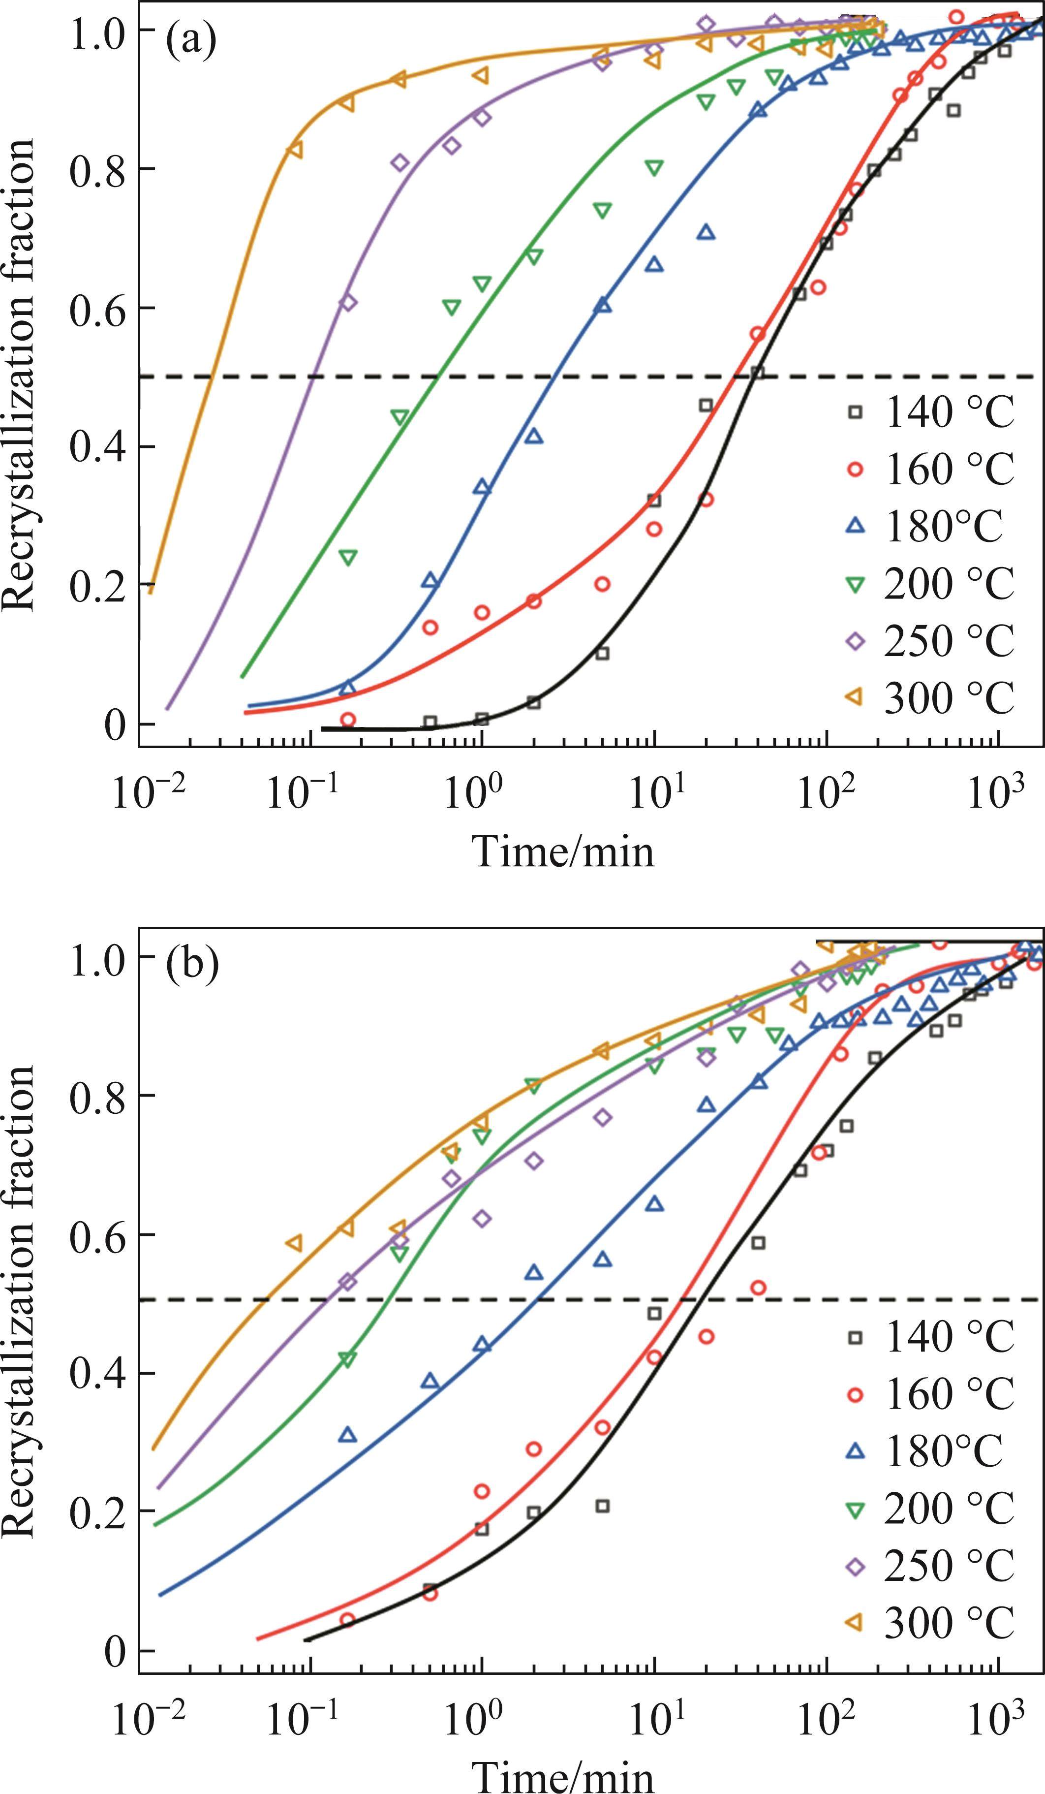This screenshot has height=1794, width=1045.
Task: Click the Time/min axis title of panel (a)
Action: (562, 851)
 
